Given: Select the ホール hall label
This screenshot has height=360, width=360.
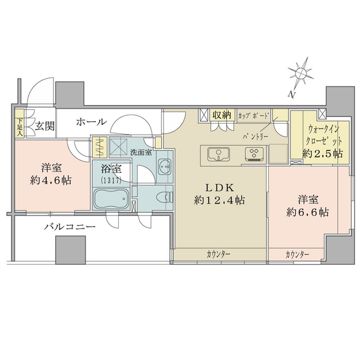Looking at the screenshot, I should (x=91, y=122).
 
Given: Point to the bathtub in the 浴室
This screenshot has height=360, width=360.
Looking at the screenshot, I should (x=110, y=199).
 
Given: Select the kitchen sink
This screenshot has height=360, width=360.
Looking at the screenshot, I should (x=217, y=155).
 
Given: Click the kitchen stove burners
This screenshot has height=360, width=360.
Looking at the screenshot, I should (x=254, y=154).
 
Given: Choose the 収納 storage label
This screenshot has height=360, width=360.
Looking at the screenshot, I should (x=222, y=115).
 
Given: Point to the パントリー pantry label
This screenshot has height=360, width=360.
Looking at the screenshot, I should (x=255, y=136).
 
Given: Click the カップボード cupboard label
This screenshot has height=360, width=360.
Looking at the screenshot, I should (x=254, y=114).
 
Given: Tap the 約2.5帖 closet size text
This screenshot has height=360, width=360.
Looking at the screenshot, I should (x=323, y=153).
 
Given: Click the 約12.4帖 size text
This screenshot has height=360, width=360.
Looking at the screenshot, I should (x=219, y=200).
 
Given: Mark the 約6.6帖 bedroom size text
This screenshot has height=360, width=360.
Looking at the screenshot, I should (x=307, y=212).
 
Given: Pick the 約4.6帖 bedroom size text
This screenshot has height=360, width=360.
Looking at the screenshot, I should (x=53, y=179).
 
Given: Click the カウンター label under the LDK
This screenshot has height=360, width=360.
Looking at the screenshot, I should (x=218, y=255).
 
